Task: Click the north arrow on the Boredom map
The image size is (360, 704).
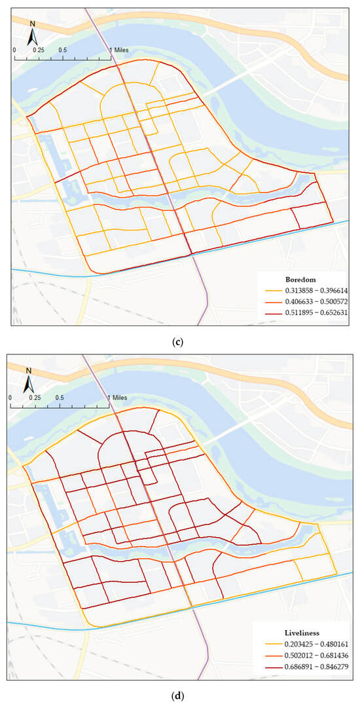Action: click(32, 33)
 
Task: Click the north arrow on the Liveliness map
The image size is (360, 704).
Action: click(29, 380)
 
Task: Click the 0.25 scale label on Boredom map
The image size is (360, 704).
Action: click(39, 50)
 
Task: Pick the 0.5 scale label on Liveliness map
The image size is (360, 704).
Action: click(60, 398)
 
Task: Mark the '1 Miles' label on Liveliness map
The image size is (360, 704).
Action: click(117, 398)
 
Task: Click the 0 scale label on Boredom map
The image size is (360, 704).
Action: click(14, 50)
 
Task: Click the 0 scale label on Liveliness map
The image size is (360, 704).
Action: click(11, 398)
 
